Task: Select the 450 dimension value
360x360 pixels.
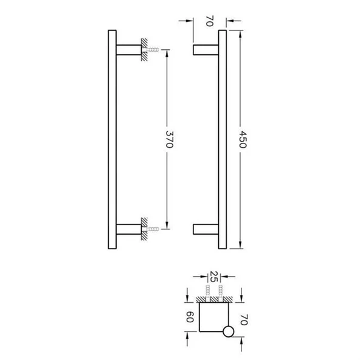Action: point(244,139)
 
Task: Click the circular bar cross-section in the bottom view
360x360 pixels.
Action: point(228,331)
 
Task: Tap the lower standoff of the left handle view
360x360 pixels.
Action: point(127,230)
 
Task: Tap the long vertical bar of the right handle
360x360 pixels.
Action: point(223,139)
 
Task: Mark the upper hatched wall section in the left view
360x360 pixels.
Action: point(143,50)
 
